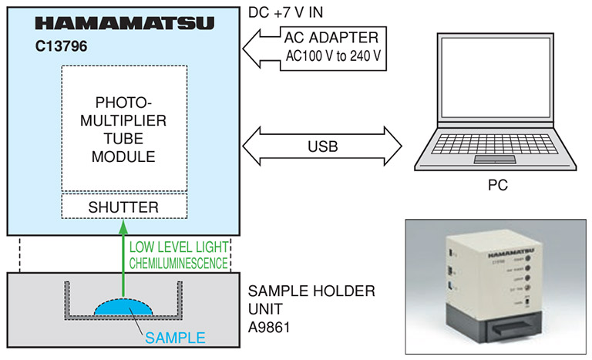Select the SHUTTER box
[124, 207]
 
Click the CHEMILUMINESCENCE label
[178, 263]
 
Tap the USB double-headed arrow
[323, 143]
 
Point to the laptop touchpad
[495, 159]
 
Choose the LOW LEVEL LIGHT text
[179, 247]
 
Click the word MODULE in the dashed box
[123, 157]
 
